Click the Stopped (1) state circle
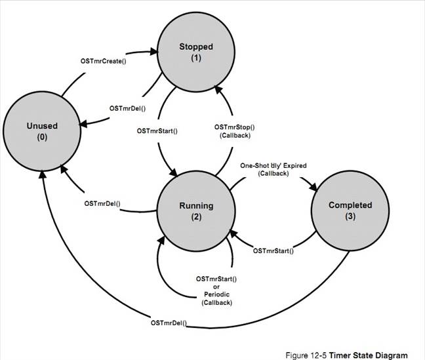(196, 51)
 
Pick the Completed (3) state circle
(350, 210)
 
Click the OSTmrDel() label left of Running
(102, 203)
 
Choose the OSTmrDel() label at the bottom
(169, 323)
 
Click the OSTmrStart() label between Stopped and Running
(157, 130)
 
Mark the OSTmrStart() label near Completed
(273, 250)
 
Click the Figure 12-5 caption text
(351, 355)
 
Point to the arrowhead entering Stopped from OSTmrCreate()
(158, 50)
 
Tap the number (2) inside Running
(196, 216)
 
